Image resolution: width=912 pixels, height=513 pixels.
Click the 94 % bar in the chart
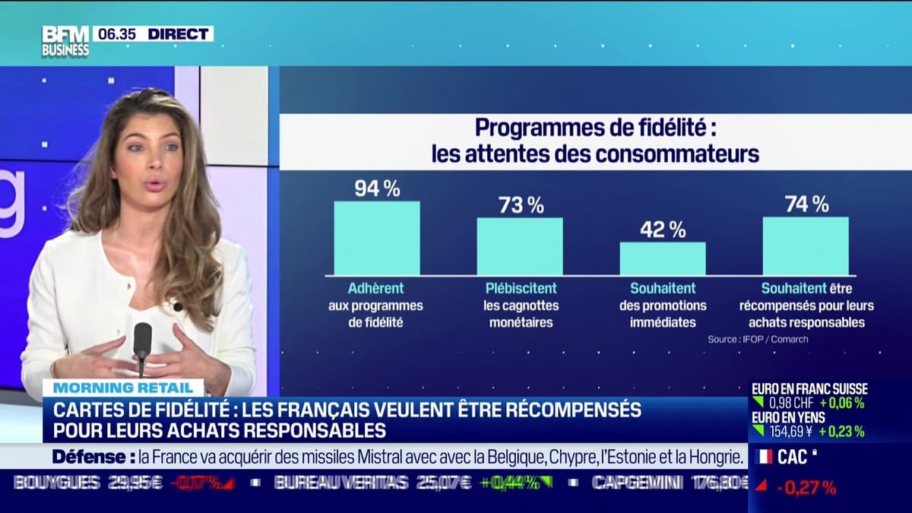pos(377,238)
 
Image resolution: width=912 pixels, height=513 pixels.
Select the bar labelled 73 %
pos(520,246)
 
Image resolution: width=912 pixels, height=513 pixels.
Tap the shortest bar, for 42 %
pos(663,258)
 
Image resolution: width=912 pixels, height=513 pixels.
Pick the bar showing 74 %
pos(806,245)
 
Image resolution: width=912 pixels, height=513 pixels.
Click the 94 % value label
pos(377,189)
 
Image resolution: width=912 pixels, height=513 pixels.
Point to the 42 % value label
pos(663,230)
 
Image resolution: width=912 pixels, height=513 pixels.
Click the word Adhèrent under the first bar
pos(375,289)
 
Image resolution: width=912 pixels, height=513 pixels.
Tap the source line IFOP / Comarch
pos(758,339)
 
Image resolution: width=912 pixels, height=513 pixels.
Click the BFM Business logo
pos(65,41)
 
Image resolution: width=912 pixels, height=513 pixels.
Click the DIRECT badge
pos(179,33)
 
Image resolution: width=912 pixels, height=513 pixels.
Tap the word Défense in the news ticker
pos(89,457)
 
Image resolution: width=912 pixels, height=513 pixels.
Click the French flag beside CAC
pos(765,457)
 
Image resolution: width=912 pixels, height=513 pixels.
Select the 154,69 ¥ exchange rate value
pos(790,432)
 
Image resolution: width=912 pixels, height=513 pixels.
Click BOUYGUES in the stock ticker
pos(57,483)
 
